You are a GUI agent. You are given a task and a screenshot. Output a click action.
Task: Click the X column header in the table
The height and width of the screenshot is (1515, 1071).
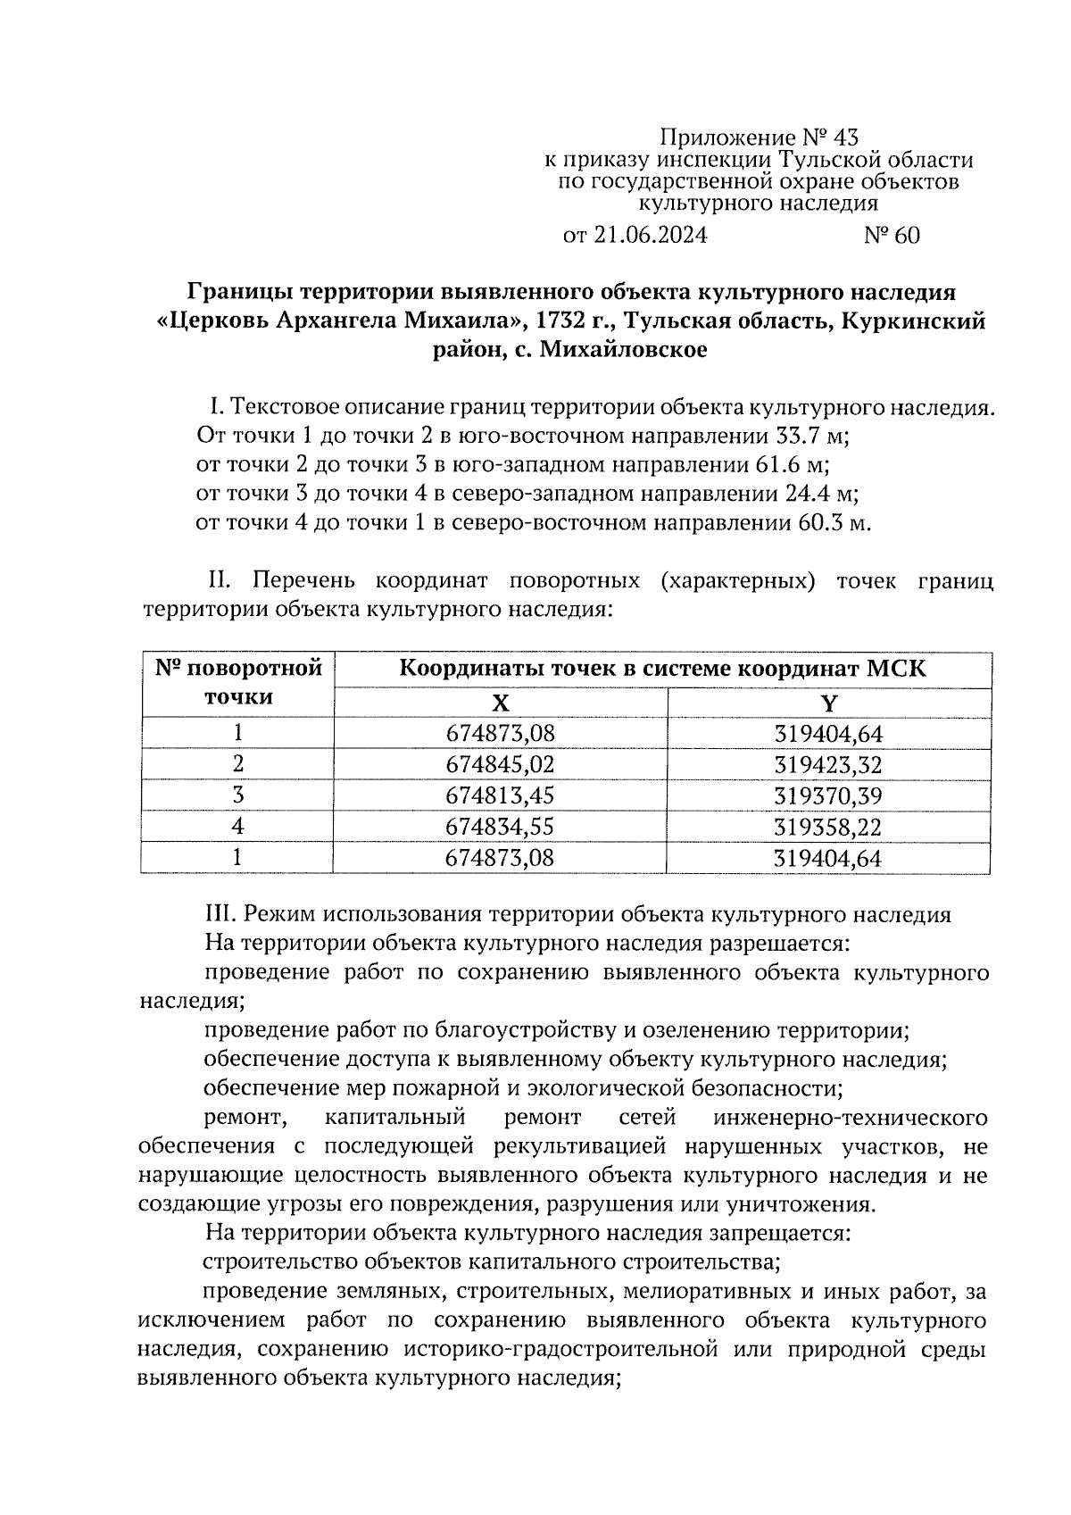500,703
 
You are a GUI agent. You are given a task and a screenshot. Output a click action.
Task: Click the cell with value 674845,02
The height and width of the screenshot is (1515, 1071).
500,765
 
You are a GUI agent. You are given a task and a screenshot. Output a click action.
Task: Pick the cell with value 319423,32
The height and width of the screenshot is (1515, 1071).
828,765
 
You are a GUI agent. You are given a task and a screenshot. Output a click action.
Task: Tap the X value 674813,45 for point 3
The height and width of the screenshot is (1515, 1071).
500,795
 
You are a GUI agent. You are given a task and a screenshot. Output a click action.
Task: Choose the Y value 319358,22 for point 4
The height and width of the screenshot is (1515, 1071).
828,828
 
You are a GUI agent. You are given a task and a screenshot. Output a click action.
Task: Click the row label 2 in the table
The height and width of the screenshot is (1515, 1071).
237,765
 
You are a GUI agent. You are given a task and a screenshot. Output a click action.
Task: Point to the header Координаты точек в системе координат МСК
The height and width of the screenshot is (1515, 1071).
661,669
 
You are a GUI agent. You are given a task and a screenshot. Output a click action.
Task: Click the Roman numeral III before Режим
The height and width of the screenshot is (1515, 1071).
220,914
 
